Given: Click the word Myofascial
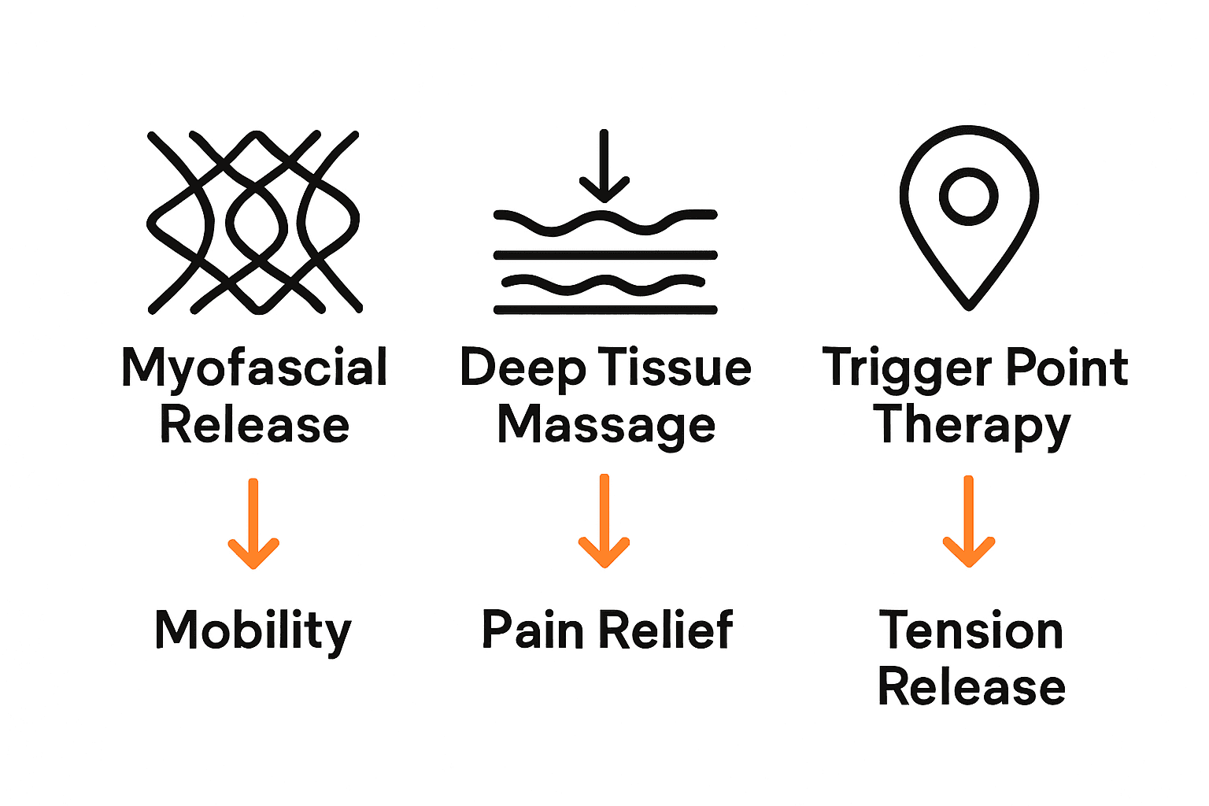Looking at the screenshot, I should pos(254,368).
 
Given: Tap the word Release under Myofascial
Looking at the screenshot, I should pos(254,425).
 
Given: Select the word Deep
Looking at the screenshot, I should pos(523,368).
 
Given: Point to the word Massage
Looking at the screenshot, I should pos(606,425).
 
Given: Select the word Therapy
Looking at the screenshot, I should pos(972,425).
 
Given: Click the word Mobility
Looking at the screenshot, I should pos(253,630).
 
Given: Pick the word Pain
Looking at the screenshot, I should pos(532,630).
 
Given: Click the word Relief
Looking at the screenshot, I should pos(668,630).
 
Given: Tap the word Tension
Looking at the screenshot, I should pos(971,630).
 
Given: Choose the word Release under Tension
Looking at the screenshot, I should pos(971,686).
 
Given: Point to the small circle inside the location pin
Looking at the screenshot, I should pos(968,196).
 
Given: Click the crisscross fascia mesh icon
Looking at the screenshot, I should pos(253,222).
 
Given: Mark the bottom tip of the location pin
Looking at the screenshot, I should pos(969,305).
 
